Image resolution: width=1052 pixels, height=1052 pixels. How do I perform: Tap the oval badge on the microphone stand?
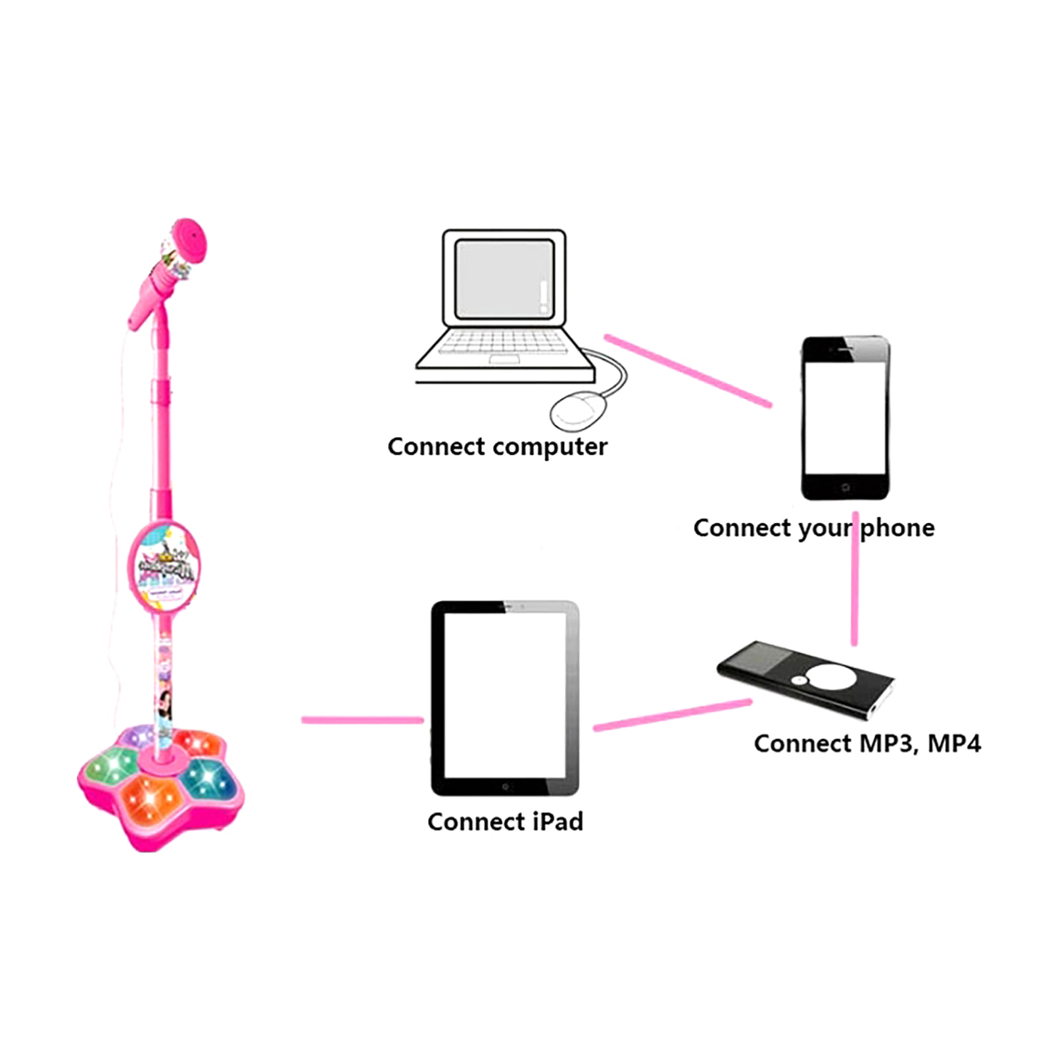point(164,567)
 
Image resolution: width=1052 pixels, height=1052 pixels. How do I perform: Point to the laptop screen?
point(504,278)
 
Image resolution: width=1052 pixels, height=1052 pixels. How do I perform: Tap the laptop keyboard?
point(503,343)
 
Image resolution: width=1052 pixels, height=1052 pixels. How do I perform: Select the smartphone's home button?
point(846,487)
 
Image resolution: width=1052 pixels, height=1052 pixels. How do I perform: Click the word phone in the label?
point(897,529)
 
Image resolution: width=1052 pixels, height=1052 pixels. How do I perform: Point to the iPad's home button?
point(505,786)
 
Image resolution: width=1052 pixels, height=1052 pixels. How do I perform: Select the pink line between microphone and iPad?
point(362,720)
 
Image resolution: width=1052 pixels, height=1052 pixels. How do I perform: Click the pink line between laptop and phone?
point(687,370)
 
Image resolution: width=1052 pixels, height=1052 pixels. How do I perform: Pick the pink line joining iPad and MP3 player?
point(672,715)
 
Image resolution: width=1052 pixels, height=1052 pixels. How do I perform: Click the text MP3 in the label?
point(888,744)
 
